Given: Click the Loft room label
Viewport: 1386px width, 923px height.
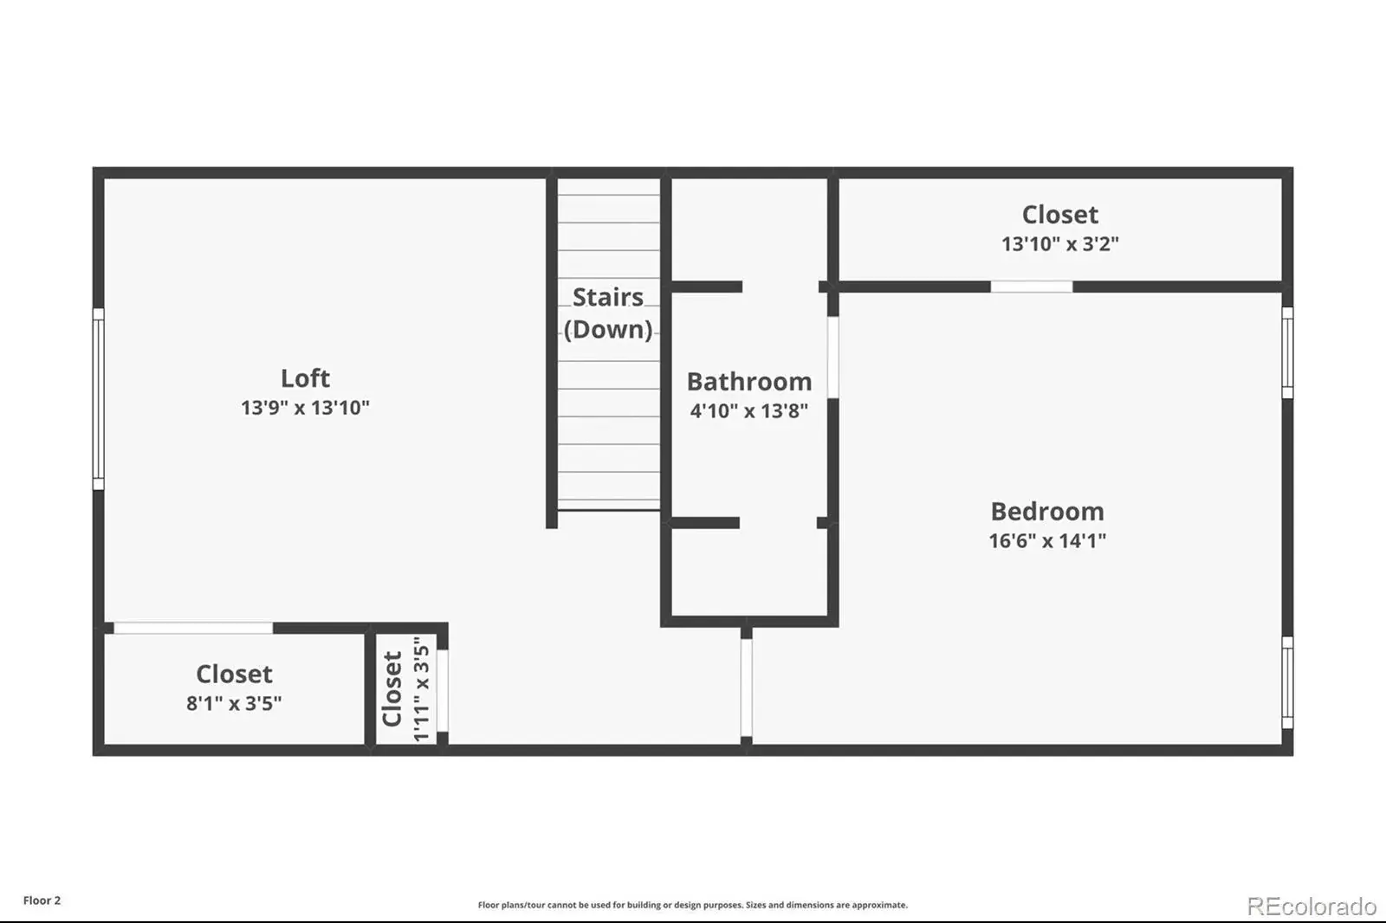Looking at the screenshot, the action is click(x=305, y=378).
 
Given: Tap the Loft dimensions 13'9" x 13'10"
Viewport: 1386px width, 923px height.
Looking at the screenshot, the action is click(x=305, y=408).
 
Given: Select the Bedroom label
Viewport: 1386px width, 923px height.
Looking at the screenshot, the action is click(x=1047, y=512).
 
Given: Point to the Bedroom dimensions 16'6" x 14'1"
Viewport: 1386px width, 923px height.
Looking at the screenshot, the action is click(x=1047, y=540).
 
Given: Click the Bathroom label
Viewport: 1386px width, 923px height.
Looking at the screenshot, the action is click(x=749, y=382).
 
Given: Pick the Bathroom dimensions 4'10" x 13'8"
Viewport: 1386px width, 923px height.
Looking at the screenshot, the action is click(x=749, y=410).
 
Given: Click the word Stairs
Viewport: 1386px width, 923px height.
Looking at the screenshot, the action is click(x=607, y=298).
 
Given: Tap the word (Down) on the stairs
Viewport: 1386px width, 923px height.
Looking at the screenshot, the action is click(x=607, y=330).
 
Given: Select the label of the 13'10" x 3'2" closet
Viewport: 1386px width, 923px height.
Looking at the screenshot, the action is click(x=1060, y=215).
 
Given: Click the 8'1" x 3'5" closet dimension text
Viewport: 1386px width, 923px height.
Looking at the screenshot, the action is click(x=234, y=703).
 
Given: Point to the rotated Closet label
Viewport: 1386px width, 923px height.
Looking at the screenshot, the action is click(x=392, y=688).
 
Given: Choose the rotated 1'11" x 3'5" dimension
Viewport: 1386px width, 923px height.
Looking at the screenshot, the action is click(x=421, y=688).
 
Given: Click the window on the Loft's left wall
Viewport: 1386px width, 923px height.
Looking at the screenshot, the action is click(x=99, y=399).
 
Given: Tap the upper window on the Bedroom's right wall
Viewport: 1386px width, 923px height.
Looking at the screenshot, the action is click(x=1287, y=352).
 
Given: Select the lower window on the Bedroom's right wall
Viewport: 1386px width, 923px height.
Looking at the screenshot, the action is click(x=1287, y=683).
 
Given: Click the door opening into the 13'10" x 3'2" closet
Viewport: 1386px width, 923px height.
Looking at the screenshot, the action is click(x=1032, y=287).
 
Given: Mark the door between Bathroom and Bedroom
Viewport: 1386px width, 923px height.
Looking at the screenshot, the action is click(x=832, y=358).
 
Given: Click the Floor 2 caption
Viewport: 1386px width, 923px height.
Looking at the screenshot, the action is click(x=42, y=900).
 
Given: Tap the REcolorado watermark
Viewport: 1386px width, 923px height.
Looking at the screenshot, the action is click(x=1312, y=907).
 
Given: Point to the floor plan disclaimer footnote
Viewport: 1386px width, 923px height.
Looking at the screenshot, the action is click(x=693, y=905).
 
